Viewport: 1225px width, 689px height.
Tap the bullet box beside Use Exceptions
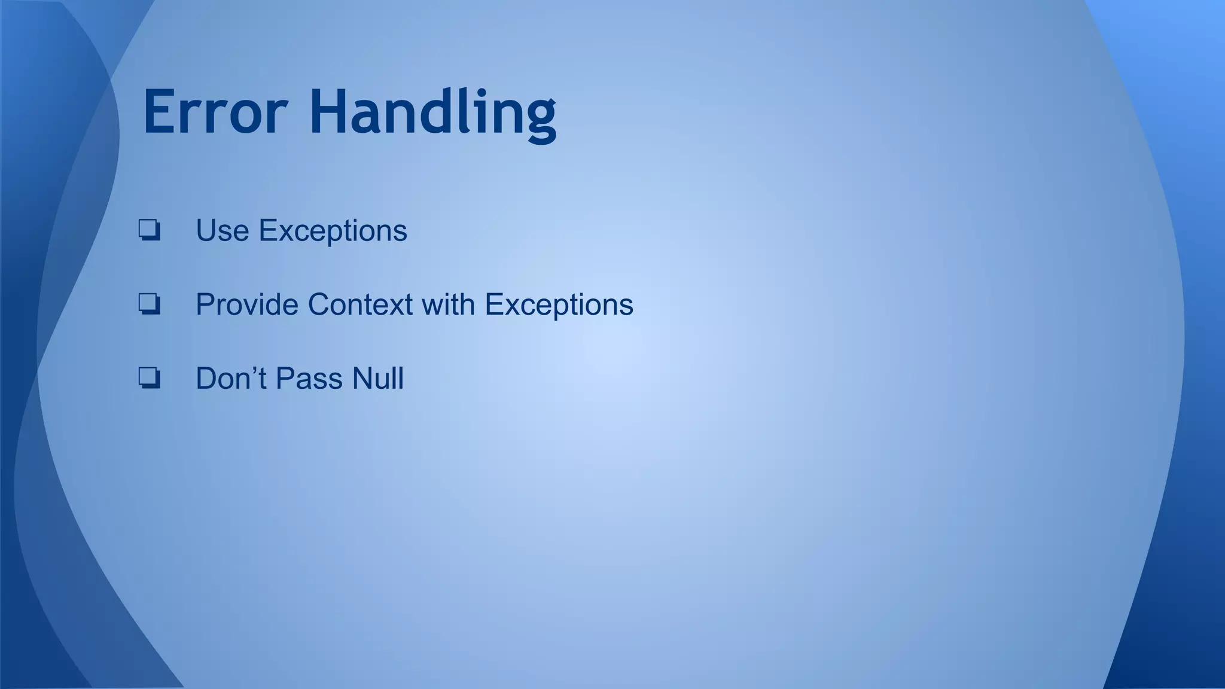click(x=149, y=230)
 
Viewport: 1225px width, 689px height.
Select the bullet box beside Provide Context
click(x=149, y=304)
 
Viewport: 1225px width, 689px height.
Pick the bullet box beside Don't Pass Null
click(x=149, y=378)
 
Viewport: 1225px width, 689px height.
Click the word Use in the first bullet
click(x=222, y=231)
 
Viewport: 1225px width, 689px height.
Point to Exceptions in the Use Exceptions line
click(x=333, y=231)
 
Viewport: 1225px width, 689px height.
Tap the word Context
click(x=360, y=304)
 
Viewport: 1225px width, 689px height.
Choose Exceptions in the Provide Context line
click(x=559, y=304)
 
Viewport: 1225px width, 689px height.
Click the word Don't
click(x=231, y=379)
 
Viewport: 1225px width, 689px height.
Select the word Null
click(x=377, y=379)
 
